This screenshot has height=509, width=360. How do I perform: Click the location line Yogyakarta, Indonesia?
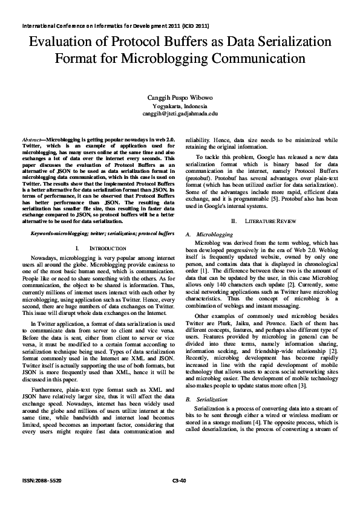tap(180, 106)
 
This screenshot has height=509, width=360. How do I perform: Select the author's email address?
tap(180, 113)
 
